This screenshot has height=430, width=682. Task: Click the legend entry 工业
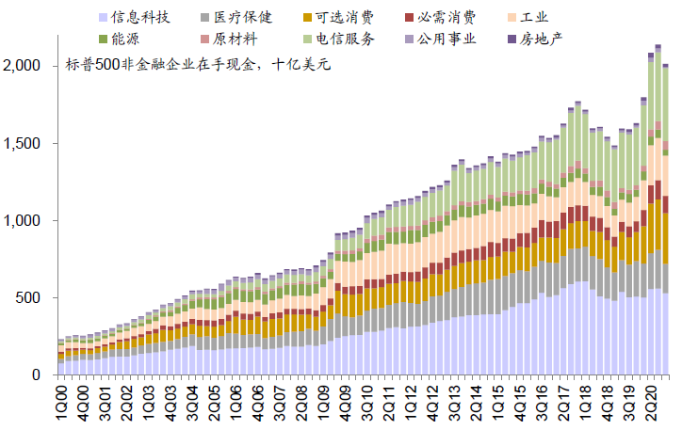533,17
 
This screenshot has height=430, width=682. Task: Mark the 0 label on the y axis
38,374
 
